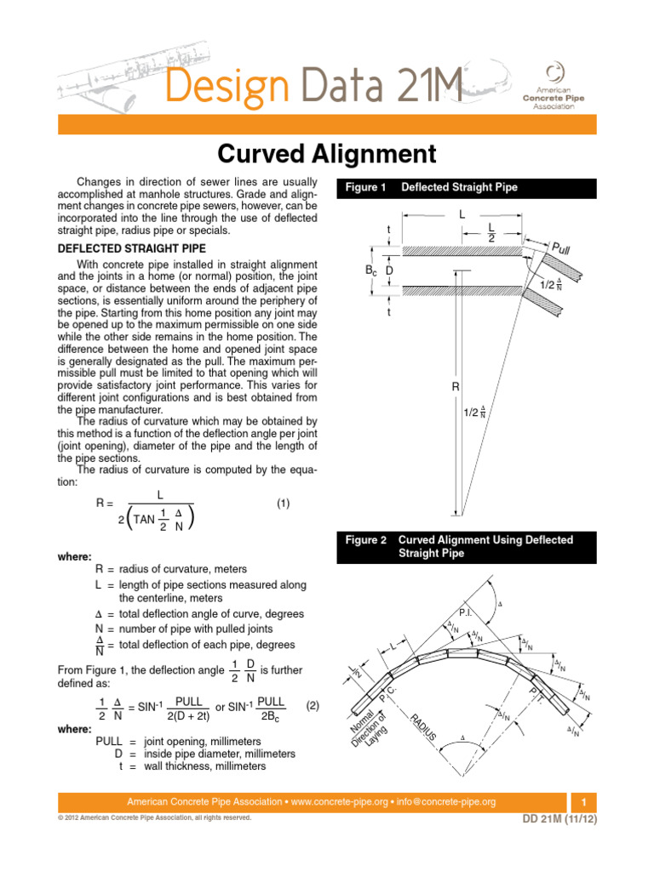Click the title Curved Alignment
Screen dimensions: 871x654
(x=327, y=154)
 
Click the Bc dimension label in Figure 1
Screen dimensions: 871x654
(x=370, y=270)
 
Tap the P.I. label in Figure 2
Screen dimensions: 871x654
(x=466, y=612)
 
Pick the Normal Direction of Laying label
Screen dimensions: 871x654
(x=367, y=732)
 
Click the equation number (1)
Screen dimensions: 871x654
(x=284, y=504)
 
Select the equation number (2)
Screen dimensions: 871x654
(x=312, y=705)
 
